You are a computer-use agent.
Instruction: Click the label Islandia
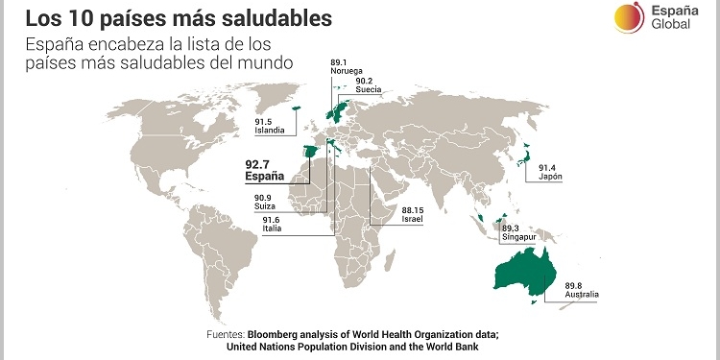(269, 131)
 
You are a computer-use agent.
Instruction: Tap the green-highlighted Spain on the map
(309, 155)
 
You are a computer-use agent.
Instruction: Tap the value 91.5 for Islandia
(264, 122)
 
